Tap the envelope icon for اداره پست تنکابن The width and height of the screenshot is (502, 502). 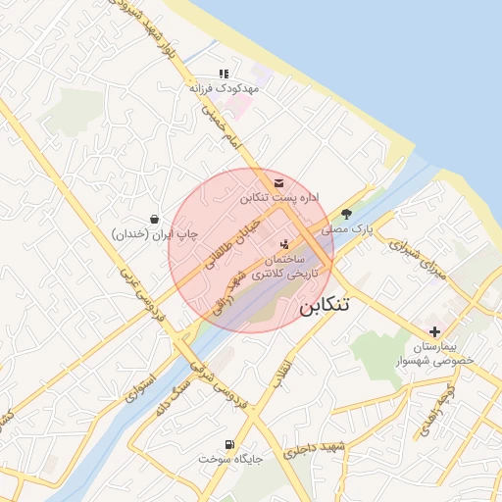click(279, 183)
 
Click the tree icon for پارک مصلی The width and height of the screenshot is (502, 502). click(346, 214)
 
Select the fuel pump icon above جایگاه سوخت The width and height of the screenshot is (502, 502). click(230, 444)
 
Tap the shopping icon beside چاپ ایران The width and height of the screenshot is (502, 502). click(154, 220)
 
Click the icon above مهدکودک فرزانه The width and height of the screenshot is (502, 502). click(225, 74)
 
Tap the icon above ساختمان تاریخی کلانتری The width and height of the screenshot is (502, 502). click(284, 244)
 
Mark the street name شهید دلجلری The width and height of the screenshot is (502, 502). click(316, 451)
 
